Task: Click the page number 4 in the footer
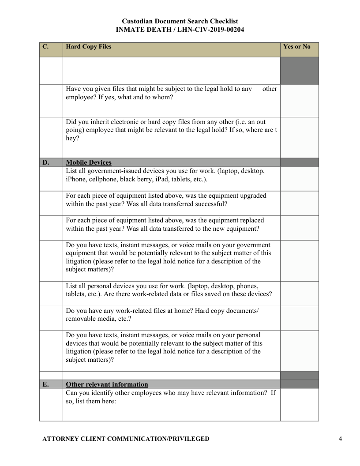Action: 340,439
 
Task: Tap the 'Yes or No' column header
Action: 296,47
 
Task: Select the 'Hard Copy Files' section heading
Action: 89,47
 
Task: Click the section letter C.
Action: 45,47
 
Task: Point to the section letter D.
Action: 45,163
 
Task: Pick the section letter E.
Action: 45,384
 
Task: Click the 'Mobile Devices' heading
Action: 89,163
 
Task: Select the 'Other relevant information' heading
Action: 107,384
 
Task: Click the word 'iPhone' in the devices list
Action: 77,179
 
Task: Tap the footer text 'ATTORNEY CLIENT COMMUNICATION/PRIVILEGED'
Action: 126,439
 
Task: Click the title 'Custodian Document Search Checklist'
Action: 180,21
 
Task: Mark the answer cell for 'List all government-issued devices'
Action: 299,179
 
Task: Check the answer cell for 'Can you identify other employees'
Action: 299,404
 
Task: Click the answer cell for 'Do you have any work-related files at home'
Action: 299,318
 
